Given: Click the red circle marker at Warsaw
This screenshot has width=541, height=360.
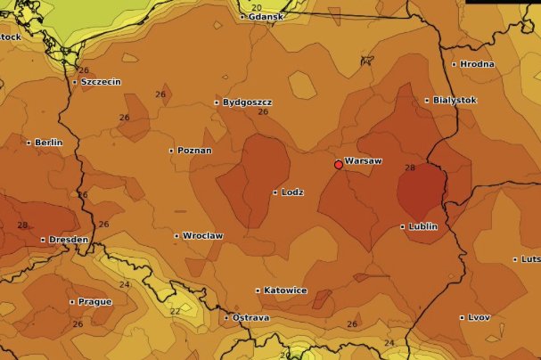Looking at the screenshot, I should [339, 165].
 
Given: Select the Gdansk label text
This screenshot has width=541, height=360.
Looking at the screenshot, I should [266, 17].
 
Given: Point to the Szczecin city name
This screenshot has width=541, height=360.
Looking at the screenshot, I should [101, 82].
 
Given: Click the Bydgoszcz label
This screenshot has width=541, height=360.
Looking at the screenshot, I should [247, 102].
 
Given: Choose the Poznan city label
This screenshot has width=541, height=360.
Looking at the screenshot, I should [194, 151].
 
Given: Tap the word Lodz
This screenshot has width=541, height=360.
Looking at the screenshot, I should [292, 192].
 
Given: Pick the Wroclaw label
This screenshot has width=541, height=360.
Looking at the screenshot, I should [202, 236].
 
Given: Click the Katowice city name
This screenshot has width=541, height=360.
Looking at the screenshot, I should [285, 290].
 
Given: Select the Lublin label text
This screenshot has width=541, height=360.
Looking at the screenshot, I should [422, 226].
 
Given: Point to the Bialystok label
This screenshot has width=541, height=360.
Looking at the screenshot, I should [455, 101].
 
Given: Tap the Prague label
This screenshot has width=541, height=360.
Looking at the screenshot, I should [94, 301].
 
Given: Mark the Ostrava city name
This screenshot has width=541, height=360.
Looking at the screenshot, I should [250, 318].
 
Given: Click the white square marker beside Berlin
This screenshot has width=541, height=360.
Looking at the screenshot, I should [29, 143].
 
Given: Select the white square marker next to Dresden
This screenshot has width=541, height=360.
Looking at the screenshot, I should [43, 240].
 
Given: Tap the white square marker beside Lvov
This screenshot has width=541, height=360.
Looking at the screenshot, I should [461, 317].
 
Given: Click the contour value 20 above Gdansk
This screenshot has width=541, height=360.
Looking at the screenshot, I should [257, 7].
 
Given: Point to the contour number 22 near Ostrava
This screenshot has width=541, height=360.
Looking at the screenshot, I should [175, 311].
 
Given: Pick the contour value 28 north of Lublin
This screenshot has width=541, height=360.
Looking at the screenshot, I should [410, 168].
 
